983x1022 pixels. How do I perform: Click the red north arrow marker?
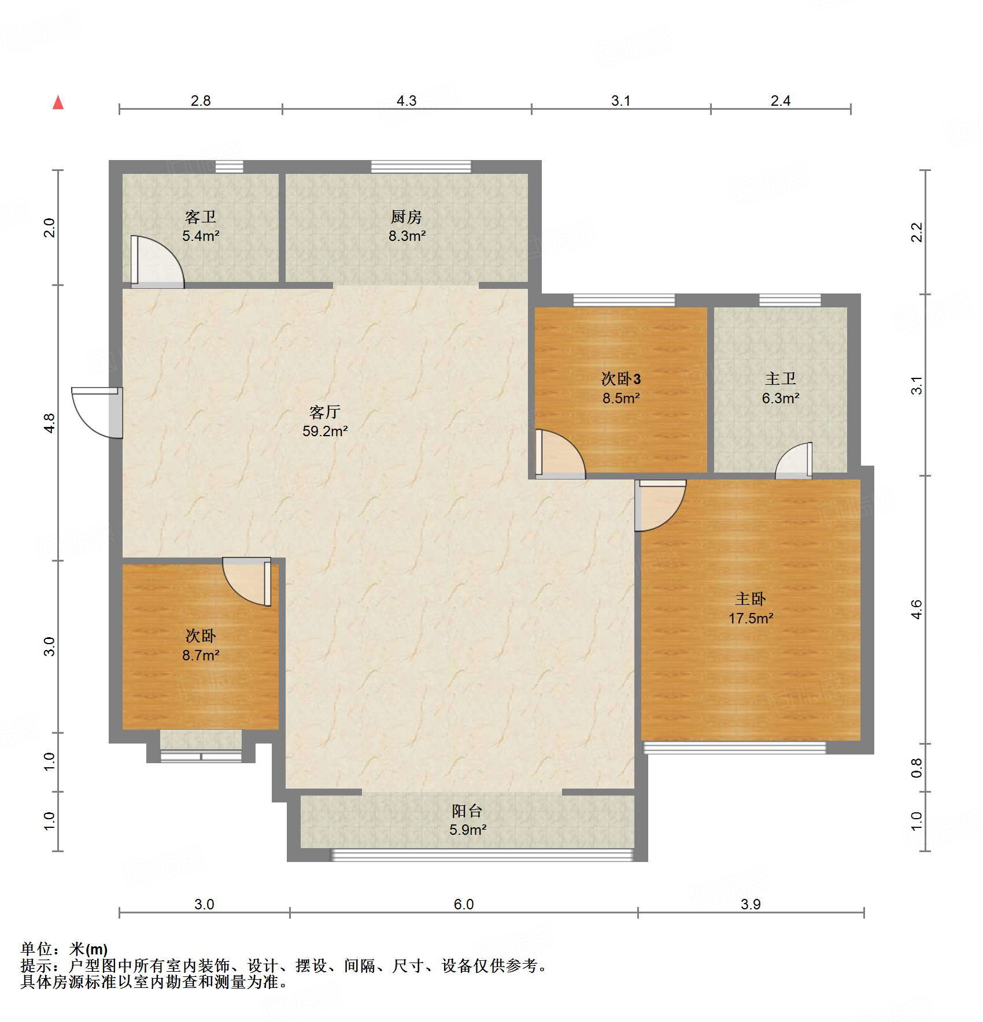point(58,102)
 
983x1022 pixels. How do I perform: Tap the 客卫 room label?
point(201,217)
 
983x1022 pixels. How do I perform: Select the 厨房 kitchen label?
point(406,217)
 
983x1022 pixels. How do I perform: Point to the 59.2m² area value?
point(325,431)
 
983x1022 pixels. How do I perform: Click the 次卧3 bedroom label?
point(621,379)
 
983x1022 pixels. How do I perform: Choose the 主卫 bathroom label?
point(781,379)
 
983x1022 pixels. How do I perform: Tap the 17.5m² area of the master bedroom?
point(751,618)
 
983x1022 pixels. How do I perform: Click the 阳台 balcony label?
point(467,811)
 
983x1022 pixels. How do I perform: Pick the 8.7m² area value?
point(201,655)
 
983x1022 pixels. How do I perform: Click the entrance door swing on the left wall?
point(97,412)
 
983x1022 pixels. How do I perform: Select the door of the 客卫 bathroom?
point(157,262)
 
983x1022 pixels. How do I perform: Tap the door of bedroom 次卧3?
point(560,454)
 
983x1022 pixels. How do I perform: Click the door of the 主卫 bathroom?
point(793,460)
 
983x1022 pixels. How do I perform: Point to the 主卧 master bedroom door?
point(660,506)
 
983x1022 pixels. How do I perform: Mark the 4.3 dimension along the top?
point(406,101)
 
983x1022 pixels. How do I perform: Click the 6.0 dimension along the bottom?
point(464,904)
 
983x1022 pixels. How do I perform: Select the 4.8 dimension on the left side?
point(50,423)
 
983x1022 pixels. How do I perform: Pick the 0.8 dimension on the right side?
point(917,768)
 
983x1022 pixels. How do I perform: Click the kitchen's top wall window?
point(421,167)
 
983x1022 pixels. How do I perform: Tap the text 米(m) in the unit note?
point(88,949)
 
